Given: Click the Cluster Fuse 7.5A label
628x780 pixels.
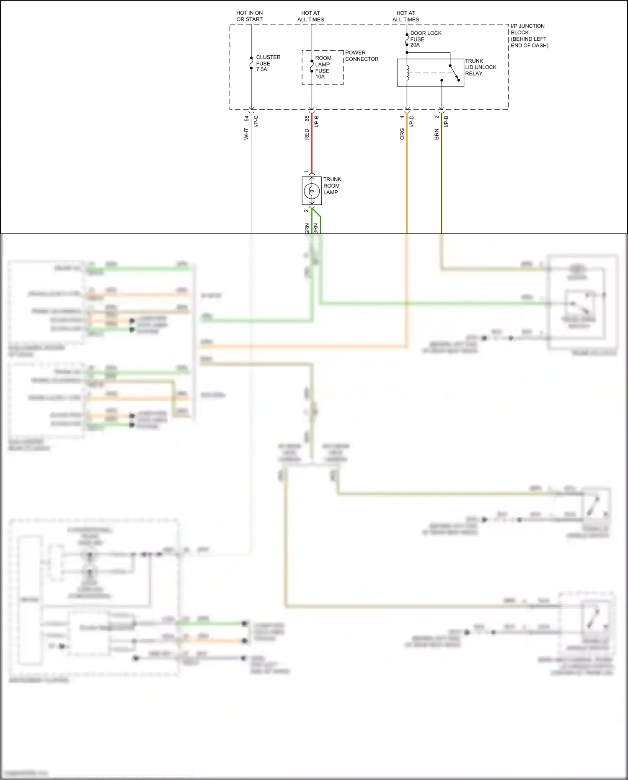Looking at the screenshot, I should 268,63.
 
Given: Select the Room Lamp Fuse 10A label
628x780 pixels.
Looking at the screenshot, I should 323,67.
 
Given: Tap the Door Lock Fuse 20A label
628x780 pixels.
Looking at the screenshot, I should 425,39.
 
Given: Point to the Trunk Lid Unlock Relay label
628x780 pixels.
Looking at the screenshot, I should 480,67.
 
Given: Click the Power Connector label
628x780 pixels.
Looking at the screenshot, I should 361,56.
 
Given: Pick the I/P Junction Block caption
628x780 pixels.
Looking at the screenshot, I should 529,36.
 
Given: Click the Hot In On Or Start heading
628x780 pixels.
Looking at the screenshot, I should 249,16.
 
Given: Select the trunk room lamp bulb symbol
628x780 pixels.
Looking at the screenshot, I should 312,191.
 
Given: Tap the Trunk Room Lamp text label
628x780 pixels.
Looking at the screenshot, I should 332,186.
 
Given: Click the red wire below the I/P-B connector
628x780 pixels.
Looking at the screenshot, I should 312,151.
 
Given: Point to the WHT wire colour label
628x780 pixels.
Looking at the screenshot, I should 246,134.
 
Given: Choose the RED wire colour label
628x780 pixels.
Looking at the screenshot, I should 307,134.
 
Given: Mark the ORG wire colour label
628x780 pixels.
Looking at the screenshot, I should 402,134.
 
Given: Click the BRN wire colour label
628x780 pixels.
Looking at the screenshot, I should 437,134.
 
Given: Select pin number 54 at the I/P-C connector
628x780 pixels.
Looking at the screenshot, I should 246,119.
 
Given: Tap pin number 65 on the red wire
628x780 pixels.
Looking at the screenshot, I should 307,119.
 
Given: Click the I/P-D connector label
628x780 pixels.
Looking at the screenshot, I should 411,122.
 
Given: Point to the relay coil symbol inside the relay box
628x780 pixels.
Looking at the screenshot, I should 407,73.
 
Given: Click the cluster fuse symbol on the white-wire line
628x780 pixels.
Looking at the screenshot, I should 251,63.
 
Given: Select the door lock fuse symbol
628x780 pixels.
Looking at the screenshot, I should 407,39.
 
